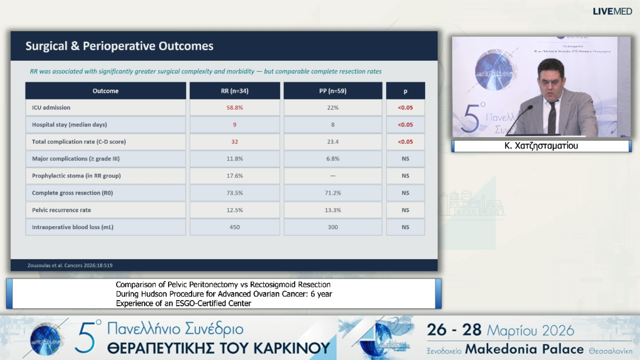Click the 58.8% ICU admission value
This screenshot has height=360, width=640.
[x=235, y=108]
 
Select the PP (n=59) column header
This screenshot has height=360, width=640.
[x=333, y=91]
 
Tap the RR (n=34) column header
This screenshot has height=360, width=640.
[x=235, y=91]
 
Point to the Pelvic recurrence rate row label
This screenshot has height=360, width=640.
[x=61, y=210]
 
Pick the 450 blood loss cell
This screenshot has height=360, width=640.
[x=235, y=227]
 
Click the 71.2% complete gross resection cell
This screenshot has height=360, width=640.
[x=333, y=193]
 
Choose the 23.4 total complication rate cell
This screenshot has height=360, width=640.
[x=333, y=142]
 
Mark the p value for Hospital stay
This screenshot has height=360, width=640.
[x=405, y=125]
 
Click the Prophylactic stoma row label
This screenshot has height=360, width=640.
[x=76, y=176]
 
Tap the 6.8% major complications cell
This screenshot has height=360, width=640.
[x=333, y=159]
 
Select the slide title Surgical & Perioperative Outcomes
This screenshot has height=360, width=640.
[x=119, y=46]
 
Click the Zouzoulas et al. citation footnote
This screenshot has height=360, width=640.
[x=70, y=265]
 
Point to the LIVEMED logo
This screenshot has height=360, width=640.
[x=612, y=11]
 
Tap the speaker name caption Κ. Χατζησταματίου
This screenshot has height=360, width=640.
[x=541, y=146]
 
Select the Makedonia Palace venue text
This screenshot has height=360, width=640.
[x=524, y=349]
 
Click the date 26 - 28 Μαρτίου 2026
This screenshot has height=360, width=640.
[x=500, y=330]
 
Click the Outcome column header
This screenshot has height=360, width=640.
[x=105, y=91]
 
